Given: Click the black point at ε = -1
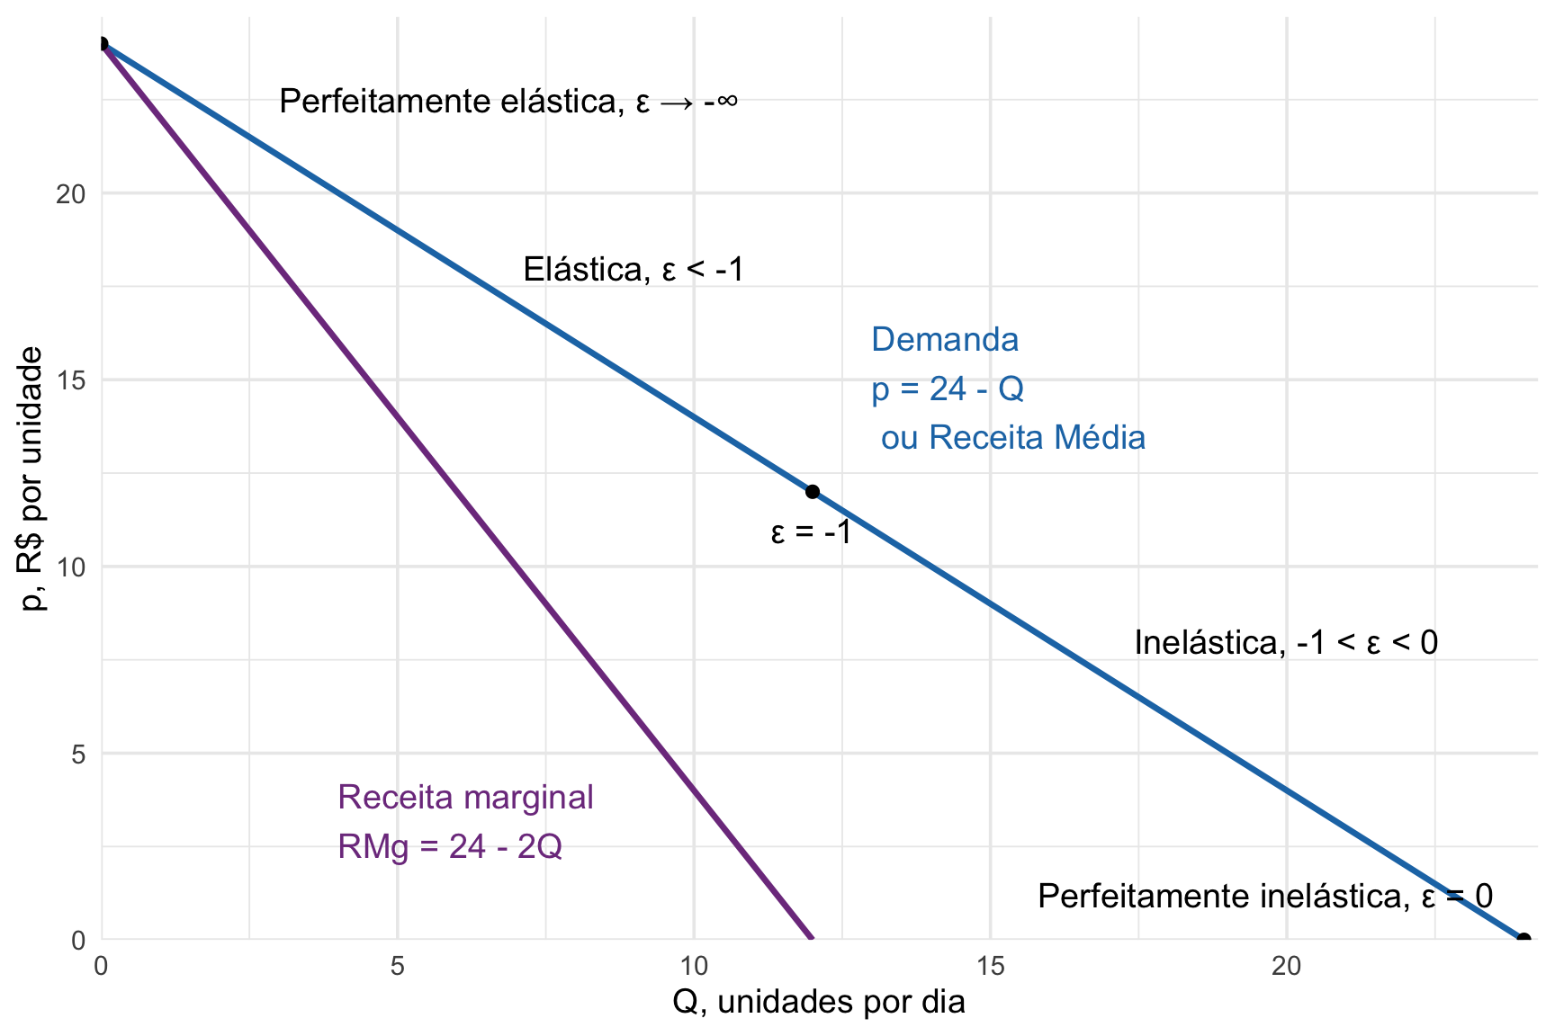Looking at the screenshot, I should coord(812,491).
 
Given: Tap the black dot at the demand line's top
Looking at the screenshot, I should coord(102,44).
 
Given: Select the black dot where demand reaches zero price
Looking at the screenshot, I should coord(1523,939).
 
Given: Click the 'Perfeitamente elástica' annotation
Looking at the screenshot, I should coord(508,101).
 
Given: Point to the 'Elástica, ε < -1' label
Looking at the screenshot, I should coord(634,269).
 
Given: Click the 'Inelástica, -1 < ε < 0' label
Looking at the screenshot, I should coord(1285,642).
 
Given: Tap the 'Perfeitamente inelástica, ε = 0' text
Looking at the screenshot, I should coord(1264,896).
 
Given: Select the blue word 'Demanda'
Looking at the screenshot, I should coord(945,340).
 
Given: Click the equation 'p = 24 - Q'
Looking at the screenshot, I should coord(947,388).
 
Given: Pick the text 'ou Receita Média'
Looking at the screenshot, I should coord(1012,438).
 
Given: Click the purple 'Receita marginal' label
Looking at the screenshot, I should coord(465,797).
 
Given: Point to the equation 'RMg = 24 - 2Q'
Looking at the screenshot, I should coord(450,846).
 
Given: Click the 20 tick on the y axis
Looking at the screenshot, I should coord(70,193).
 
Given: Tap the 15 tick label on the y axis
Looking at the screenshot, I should coord(70,380).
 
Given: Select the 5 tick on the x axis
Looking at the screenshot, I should coord(397,967).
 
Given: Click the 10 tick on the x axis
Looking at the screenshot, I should coord(693,967).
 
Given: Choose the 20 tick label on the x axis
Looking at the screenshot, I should coord(1286,967).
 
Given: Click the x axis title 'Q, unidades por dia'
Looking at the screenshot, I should coord(818,1002).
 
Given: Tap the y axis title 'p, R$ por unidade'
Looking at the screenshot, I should coord(32,478).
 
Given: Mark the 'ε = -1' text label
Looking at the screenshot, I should coord(811,532).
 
